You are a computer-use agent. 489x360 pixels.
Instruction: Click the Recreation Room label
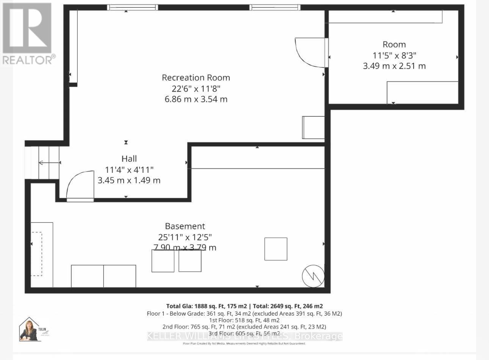point(196,78)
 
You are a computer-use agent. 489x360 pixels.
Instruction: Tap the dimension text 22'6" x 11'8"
point(196,88)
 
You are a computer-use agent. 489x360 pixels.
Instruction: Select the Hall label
point(129,159)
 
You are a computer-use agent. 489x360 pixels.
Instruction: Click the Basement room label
point(185,226)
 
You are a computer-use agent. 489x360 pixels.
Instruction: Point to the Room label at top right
point(394,44)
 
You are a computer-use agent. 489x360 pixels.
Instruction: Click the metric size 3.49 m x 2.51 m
point(394,66)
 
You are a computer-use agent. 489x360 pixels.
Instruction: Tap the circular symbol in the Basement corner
point(313,276)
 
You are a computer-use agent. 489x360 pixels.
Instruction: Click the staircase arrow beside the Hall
point(49,163)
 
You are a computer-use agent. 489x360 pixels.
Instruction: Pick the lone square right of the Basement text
point(276,249)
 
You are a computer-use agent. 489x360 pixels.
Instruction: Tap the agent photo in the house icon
point(29,330)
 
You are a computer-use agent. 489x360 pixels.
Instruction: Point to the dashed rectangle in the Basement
point(36,254)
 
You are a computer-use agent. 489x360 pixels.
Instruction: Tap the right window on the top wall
point(275,7)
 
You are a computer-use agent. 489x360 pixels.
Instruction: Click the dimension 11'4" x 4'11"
point(129,169)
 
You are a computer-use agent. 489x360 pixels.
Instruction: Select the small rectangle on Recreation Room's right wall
point(313,128)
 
